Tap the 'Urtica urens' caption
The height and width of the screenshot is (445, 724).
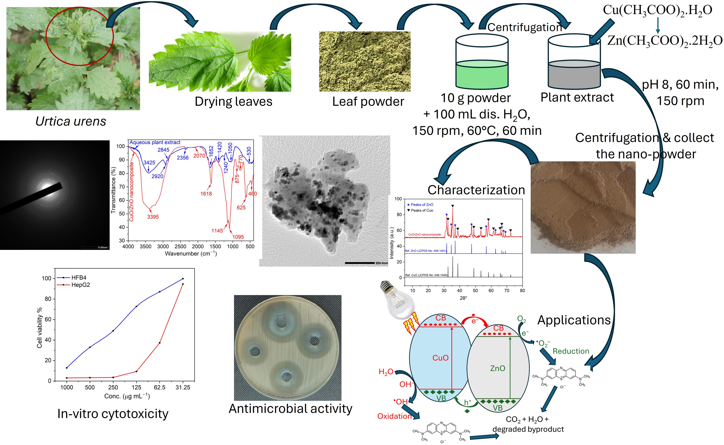click(x=71, y=121)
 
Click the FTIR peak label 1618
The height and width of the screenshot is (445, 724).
click(x=206, y=194)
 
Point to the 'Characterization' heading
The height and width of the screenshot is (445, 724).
click(x=476, y=190)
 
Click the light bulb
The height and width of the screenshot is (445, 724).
click(x=397, y=300)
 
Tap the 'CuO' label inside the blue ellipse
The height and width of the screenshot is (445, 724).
click(x=440, y=358)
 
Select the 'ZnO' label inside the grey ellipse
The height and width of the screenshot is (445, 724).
click(x=498, y=368)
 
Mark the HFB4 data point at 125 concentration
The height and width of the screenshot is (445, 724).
click(x=136, y=306)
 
